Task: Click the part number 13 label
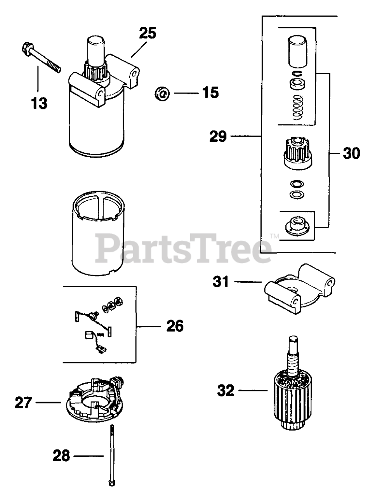pyautogui.click(x=39, y=103)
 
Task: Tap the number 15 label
pyautogui.click(x=210, y=93)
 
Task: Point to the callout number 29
pyautogui.click(x=218, y=136)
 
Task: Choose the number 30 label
pyautogui.click(x=351, y=153)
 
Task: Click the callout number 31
pyautogui.click(x=221, y=282)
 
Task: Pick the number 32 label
pyautogui.click(x=226, y=390)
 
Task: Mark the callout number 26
pyautogui.click(x=174, y=326)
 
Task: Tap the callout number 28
pyautogui.click(x=61, y=455)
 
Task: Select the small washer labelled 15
pyautogui.click(x=162, y=93)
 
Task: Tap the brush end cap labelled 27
pyautogui.click(x=93, y=400)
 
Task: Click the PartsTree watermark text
pyautogui.click(x=182, y=245)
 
